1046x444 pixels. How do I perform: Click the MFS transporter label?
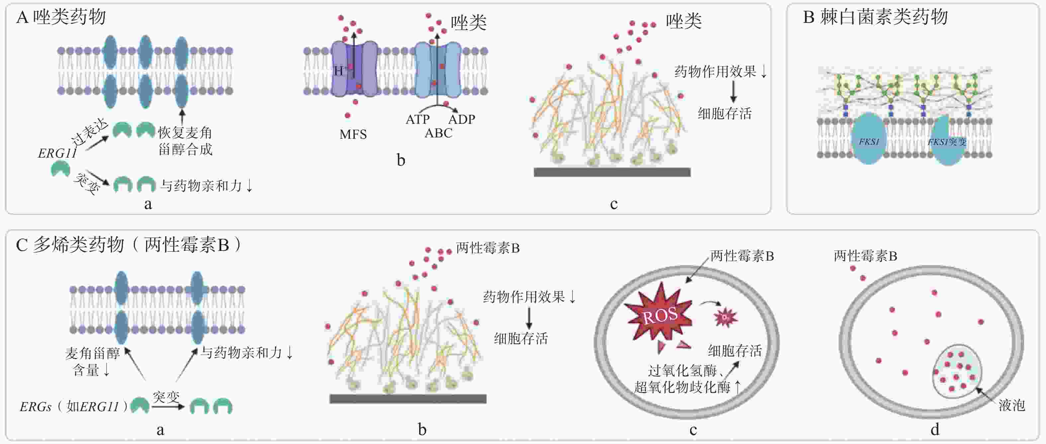tap(353, 134)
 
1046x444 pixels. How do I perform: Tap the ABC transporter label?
tap(438, 133)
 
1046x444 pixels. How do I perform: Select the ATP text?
tap(417, 119)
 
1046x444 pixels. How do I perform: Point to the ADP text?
tap(462, 119)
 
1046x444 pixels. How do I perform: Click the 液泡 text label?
tap(1011, 405)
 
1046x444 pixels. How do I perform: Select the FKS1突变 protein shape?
tap(946, 142)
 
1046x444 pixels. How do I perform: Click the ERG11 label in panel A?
tap(57, 153)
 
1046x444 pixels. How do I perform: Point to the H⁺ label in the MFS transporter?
tap(340, 71)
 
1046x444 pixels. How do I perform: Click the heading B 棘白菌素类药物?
tap(875, 17)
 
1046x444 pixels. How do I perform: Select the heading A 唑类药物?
tap(61, 17)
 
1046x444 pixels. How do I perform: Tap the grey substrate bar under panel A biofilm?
tap(612, 172)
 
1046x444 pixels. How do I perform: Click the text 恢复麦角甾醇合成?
tap(185, 141)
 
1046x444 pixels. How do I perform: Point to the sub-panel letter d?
tap(935, 429)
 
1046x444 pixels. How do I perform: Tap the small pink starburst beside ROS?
tap(725, 317)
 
